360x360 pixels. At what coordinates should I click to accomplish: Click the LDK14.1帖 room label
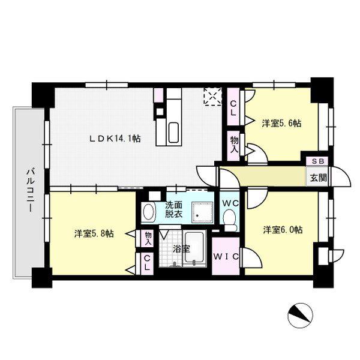point(115,139)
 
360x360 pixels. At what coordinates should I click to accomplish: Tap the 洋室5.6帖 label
point(282,124)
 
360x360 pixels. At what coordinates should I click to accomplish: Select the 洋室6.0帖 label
point(283,230)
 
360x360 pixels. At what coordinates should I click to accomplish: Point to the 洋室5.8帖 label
point(94,234)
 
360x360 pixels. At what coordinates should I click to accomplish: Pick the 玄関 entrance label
point(319,178)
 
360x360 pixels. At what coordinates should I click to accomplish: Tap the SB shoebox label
point(318,161)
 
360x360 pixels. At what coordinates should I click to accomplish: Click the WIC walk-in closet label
point(226,256)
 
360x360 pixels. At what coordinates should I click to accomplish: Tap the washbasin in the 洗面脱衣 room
point(148,212)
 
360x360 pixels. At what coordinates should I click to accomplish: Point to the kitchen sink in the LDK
point(173,133)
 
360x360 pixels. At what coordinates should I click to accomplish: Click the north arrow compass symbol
point(301,316)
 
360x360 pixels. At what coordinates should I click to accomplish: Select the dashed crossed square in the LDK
point(213,97)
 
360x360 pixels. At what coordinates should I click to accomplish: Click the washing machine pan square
point(202,212)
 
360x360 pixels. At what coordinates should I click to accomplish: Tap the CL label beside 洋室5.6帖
point(233,109)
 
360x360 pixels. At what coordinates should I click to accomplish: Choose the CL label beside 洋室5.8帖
point(147,263)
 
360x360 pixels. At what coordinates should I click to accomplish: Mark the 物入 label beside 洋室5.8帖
point(149,239)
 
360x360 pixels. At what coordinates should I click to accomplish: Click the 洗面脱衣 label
point(174,209)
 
